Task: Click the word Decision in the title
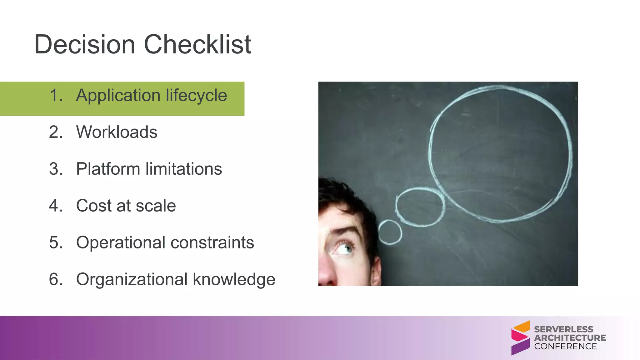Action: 84,44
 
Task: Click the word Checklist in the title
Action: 197,44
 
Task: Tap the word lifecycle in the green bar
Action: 196,95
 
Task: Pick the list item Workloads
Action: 117,132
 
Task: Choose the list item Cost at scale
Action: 126,206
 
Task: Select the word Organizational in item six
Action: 132,279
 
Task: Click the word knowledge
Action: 234,279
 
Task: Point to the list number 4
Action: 55,206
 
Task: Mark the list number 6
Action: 55,279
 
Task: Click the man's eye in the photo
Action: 345,249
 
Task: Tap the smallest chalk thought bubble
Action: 390,232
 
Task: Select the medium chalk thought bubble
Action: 420,207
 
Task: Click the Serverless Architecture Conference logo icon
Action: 520,338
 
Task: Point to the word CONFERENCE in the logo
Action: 565,346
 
